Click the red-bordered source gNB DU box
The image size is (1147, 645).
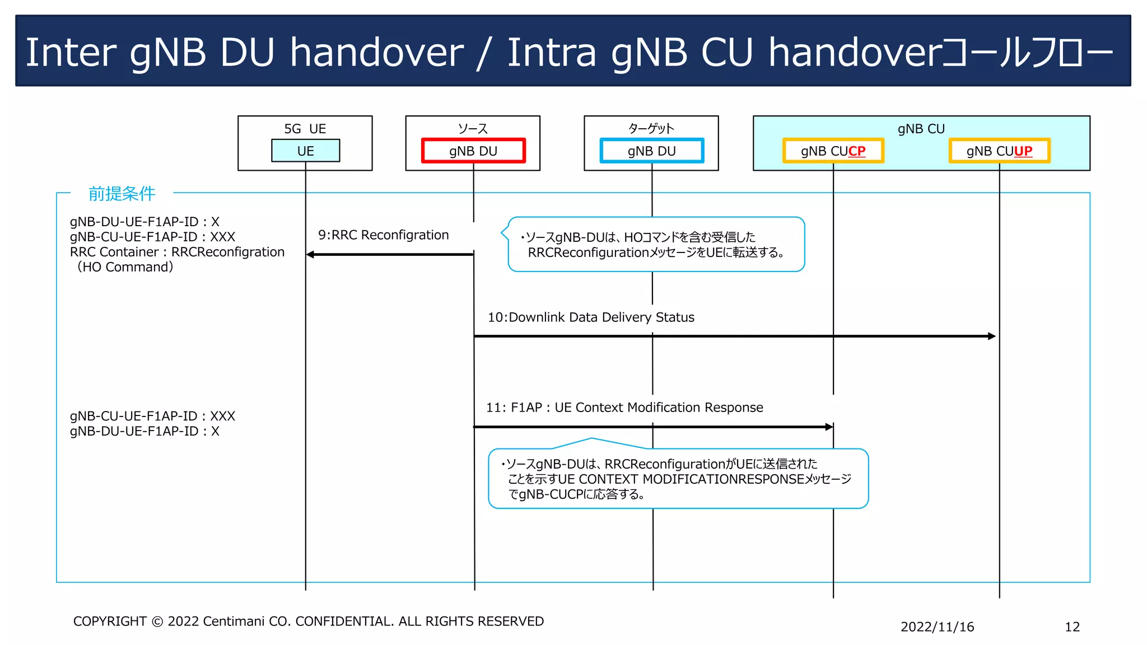pyautogui.click(x=473, y=151)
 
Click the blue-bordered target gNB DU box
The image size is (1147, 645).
pyautogui.click(x=651, y=151)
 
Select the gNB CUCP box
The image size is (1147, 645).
pyautogui.click(x=833, y=151)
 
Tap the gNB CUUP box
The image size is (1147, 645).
pyautogui.click(x=999, y=151)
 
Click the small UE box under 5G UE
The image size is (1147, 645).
pyautogui.click(x=305, y=151)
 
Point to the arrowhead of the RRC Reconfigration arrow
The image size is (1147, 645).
pyautogui.click(x=310, y=255)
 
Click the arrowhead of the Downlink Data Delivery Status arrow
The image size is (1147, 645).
pyautogui.click(x=992, y=336)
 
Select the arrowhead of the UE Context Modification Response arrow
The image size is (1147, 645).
pyautogui.click(x=829, y=427)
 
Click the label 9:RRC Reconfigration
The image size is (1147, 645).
pyautogui.click(x=383, y=235)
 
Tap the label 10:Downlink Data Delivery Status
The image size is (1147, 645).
pyautogui.click(x=591, y=317)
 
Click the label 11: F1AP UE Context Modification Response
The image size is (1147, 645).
pyautogui.click(x=624, y=408)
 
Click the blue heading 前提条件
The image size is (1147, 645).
pyautogui.click(x=122, y=194)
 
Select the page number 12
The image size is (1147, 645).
pyautogui.click(x=1072, y=627)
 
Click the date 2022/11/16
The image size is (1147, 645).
pyautogui.click(x=937, y=627)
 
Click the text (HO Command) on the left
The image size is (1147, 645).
pyautogui.click(x=125, y=267)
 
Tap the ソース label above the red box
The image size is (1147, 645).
pyautogui.click(x=473, y=129)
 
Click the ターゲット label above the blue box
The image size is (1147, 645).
pyautogui.click(x=651, y=129)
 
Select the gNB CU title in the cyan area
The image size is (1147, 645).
pyautogui.click(x=921, y=129)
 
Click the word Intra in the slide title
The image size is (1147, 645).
pyautogui.click(x=551, y=52)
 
